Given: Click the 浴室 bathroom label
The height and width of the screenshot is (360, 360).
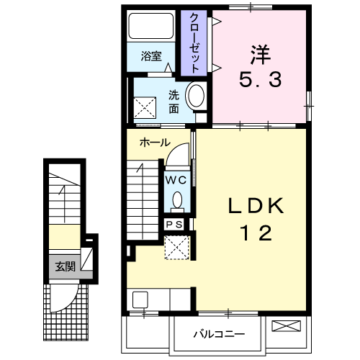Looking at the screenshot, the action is click(x=151, y=56).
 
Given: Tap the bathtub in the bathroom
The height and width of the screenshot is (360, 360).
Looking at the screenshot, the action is click(x=151, y=26).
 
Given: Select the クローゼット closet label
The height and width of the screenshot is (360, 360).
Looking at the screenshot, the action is click(x=194, y=43).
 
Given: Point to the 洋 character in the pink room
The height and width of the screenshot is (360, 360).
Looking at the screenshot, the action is click(x=261, y=55).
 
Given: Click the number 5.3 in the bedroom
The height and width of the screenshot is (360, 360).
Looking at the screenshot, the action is click(x=261, y=80).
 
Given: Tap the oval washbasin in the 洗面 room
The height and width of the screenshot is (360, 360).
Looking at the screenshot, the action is click(x=197, y=96).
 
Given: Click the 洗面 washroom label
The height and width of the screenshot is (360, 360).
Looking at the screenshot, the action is click(x=174, y=102).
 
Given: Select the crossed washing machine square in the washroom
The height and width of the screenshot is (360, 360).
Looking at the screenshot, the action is click(x=145, y=108).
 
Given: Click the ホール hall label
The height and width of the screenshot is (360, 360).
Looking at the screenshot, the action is click(x=155, y=143).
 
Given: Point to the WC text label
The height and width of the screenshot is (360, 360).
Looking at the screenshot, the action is click(x=176, y=180).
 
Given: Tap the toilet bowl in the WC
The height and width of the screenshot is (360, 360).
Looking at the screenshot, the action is click(x=177, y=200).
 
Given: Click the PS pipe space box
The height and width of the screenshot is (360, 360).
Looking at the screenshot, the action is click(x=174, y=225).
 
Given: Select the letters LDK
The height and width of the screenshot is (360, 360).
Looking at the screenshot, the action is click(x=256, y=206).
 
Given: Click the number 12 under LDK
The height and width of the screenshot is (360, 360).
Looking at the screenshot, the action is click(x=256, y=233).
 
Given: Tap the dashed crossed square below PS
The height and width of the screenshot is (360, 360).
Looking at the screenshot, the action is click(x=177, y=248).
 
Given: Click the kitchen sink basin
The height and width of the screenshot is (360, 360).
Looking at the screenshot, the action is click(x=140, y=300).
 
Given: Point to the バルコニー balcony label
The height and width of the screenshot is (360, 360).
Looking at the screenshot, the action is click(x=219, y=334).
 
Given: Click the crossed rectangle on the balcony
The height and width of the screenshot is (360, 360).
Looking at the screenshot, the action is click(x=286, y=326).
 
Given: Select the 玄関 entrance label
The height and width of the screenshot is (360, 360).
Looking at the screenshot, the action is click(x=66, y=266).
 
